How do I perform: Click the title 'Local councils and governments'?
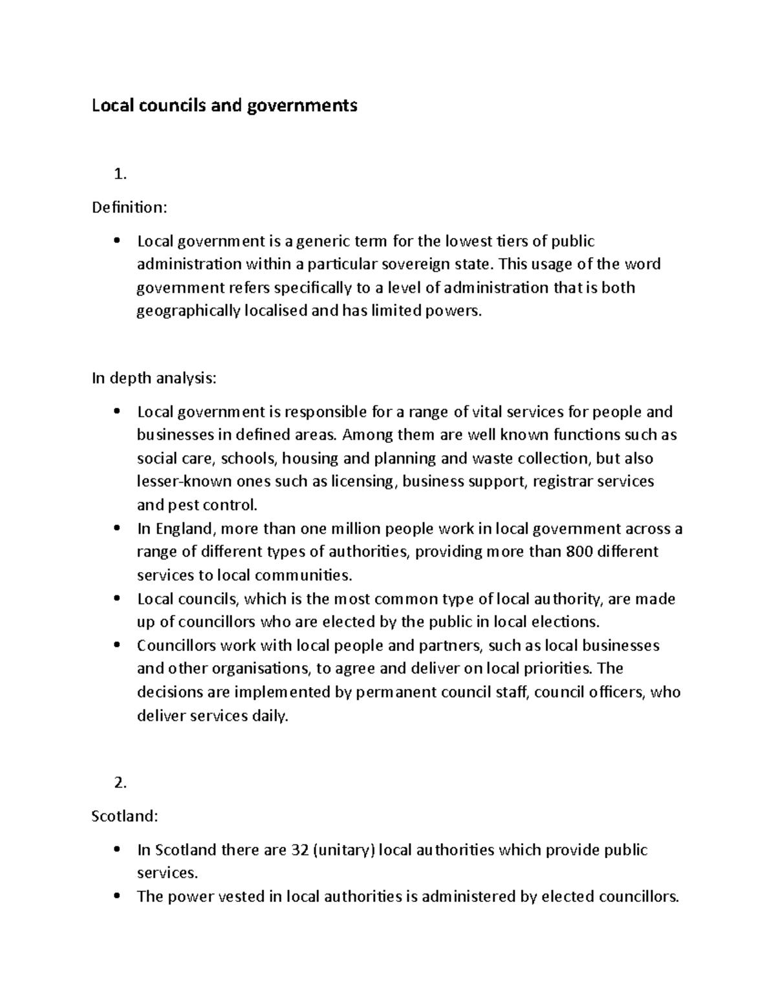coord(224,105)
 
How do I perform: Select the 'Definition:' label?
coord(129,208)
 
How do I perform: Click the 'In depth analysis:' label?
coord(154,378)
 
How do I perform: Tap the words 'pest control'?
coord(212,505)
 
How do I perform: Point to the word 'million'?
coord(356,529)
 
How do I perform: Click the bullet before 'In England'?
coord(116,528)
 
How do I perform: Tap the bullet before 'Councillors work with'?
coord(116,645)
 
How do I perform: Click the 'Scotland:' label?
coord(125,816)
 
